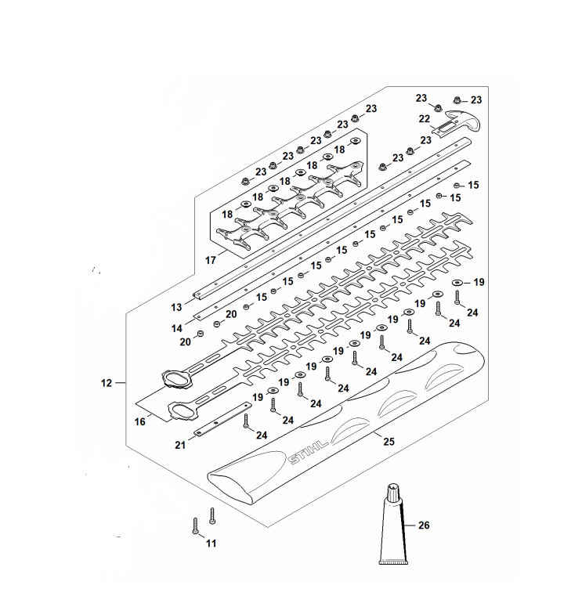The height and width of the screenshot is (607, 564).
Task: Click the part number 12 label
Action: tap(107, 383)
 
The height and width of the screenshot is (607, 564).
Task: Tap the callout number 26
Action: tap(424, 526)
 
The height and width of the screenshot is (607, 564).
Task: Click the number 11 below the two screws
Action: tap(211, 543)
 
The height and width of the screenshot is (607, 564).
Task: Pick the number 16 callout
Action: tap(140, 421)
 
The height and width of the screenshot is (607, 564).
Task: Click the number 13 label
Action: tap(176, 306)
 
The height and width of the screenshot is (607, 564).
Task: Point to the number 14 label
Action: tap(176, 328)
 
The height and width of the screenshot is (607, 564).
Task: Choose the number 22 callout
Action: tap(424, 119)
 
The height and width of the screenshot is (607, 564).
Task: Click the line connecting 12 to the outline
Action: tap(120, 383)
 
